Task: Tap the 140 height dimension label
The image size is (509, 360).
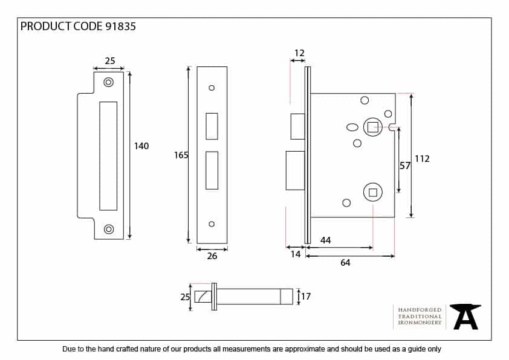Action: click(x=141, y=146)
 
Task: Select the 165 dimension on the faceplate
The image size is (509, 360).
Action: click(x=181, y=155)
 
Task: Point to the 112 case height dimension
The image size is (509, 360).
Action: click(x=422, y=158)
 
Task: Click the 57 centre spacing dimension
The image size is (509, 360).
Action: click(x=406, y=164)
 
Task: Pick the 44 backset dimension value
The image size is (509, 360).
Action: click(x=325, y=240)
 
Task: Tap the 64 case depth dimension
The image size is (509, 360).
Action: click(x=345, y=263)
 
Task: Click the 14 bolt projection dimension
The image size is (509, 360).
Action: click(x=295, y=255)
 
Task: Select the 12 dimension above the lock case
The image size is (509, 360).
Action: click(x=299, y=53)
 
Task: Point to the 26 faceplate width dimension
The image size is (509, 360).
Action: click(x=212, y=256)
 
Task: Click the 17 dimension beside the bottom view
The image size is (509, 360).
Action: click(x=306, y=297)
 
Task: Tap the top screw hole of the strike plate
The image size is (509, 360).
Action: click(x=108, y=82)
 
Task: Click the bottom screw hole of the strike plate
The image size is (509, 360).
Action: click(x=108, y=229)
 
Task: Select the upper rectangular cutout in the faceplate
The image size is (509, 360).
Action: click(x=212, y=126)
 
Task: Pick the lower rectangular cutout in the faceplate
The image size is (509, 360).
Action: click(x=212, y=170)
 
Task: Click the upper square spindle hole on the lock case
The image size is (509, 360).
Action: click(x=373, y=127)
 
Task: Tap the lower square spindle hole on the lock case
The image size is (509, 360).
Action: click(x=373, y=193)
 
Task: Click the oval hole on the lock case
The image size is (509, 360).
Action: click(x=352, y=127)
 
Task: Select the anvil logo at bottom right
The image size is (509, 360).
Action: click(x=466, y=316)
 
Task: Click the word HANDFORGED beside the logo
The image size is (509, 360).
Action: click(x=420, y=309)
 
